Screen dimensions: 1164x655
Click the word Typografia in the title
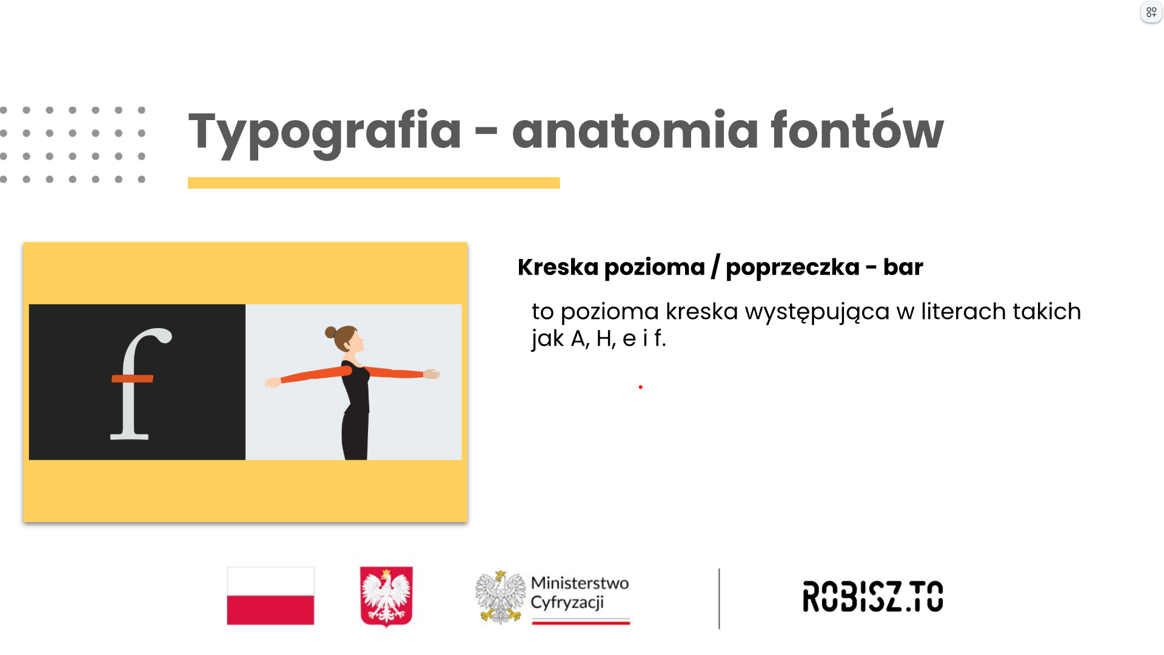(x=325, y=132)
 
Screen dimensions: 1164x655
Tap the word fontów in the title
(x=857, y=129)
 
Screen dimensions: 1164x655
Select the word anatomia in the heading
(x=635, y=130)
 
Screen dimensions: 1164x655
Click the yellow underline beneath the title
(x=373, y=183)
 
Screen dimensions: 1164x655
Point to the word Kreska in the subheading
(x=558, y=267)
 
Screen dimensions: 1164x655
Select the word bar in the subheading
(x=903, y=267)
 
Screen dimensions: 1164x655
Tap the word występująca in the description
(x=817, y=313)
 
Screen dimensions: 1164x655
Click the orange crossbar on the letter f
(x=133, y=378)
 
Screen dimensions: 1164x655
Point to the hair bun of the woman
(x=330, y=332)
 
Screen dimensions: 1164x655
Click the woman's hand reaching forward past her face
(x=432, y=374)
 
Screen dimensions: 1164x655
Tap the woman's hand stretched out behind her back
(x=273, y=382)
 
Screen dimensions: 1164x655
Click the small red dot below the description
(x=640, y=387)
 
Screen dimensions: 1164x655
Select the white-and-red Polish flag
(x=270, y=596)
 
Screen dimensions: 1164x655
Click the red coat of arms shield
(x=386, y=596)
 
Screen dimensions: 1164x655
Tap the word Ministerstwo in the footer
(x=580, y=583)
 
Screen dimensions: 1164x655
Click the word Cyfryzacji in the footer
(x=567, y=603)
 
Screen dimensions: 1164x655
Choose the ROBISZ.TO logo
(x=873, y=596)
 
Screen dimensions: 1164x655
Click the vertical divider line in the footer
(x=719, y=599)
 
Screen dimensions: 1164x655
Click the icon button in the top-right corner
(x=1151, y=12)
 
